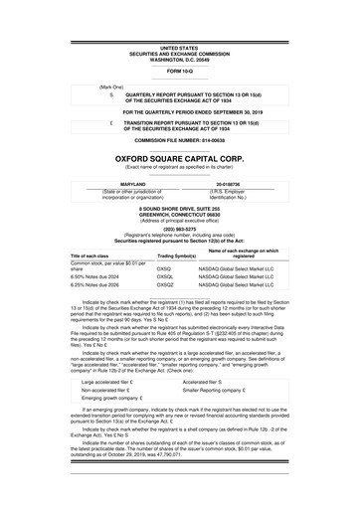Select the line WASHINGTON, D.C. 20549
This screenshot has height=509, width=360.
point(179,58)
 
